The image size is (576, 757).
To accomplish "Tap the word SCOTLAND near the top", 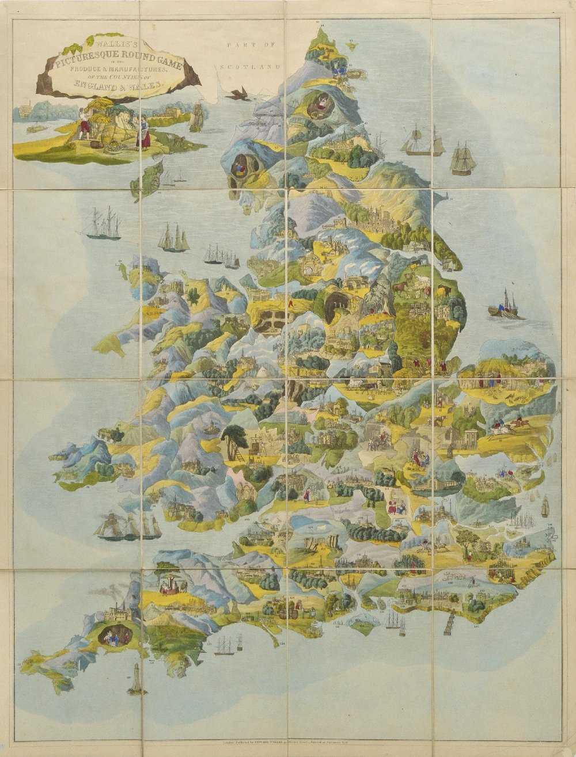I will [249, 67].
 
